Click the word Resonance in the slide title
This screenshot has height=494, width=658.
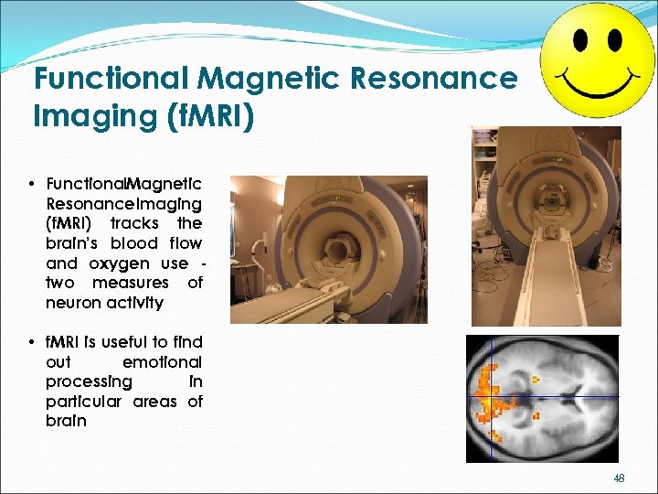(433, 79)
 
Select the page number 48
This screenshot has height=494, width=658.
(619, 478)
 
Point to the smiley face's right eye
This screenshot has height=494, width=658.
(614, 40)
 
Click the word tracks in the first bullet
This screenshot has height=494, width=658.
(134, 223)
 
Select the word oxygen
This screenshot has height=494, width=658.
(121, 263)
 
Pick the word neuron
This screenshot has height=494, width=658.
(74, 303)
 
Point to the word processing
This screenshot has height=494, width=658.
(89, 381)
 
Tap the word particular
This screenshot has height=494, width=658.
(84, 402)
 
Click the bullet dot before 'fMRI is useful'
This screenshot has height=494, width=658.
(32, 342)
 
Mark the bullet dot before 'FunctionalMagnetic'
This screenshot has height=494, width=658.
(32, 184)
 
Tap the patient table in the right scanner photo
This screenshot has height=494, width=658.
(546, 274)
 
